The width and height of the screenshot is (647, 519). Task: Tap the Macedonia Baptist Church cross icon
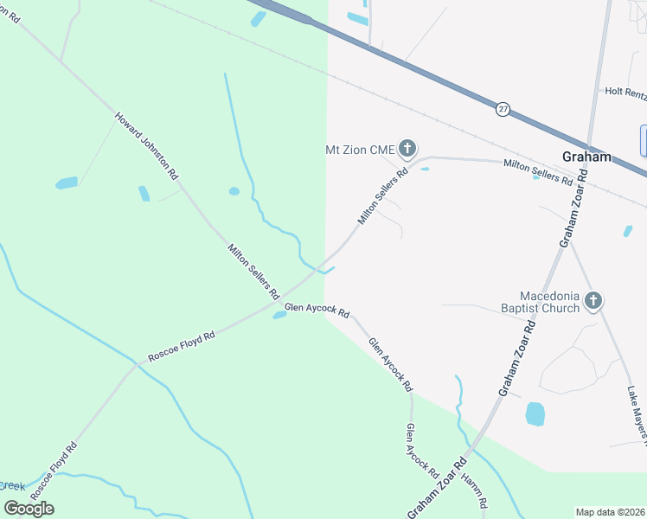pos(593,301)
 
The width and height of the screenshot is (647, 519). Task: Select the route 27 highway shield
pos(503,109)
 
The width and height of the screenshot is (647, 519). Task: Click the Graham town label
pos(586,157)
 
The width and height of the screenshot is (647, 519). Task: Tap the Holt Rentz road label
pos(625,91)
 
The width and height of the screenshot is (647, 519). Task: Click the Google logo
pos(29,509)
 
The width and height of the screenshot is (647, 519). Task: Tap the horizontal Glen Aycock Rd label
pos(317,310)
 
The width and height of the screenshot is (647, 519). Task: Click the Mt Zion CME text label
pos(359,151)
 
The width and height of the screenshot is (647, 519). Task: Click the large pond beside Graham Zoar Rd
pos(535,414)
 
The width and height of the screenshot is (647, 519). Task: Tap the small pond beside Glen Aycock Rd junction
pos(279,315)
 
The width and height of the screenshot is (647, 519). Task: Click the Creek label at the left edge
pos(12,486)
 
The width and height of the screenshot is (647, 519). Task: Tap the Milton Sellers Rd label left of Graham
pos(538,171)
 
